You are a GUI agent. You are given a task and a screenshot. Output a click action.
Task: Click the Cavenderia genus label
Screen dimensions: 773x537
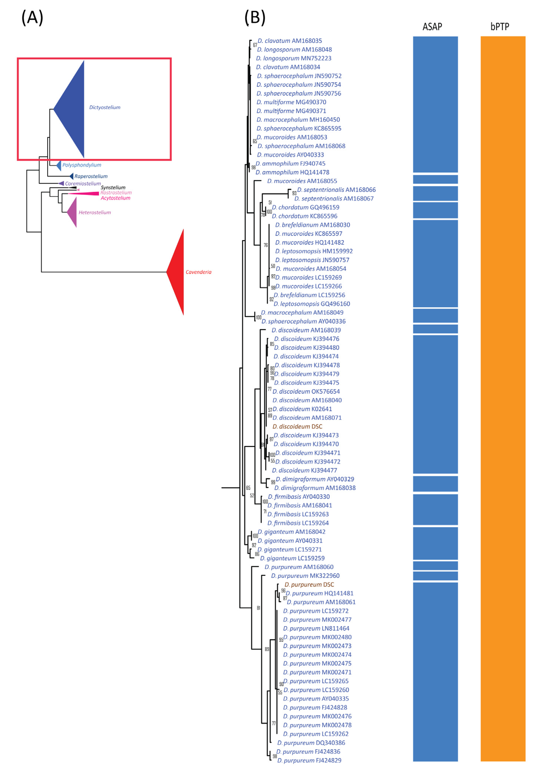point(199,272)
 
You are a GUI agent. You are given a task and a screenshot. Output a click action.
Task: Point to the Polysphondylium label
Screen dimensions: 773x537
point(82,165)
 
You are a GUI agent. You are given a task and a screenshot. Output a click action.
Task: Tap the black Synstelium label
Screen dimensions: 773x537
point(113,188)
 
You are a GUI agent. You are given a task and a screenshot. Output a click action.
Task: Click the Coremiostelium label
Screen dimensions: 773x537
point(83,183)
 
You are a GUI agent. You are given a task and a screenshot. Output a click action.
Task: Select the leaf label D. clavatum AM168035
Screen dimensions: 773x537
point(290,41)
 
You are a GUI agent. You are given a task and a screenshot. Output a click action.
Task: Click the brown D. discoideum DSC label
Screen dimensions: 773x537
point(297,426)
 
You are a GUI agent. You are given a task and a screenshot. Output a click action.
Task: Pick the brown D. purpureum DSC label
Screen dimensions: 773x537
point(309,585)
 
